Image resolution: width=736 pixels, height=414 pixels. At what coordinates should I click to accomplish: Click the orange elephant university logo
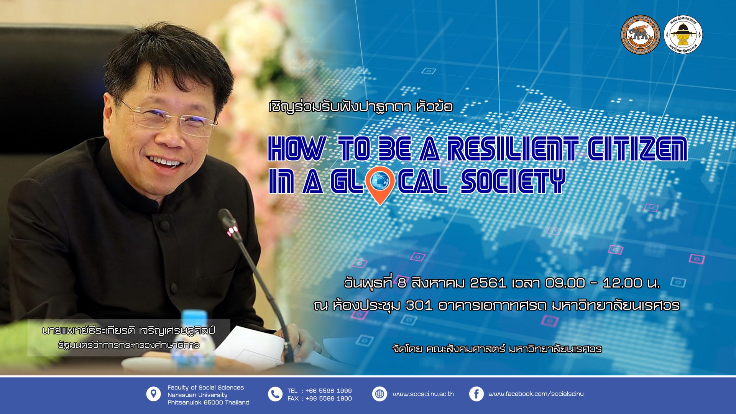[640, 34]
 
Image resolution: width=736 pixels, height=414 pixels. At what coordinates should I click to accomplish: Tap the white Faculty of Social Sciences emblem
[683, 34]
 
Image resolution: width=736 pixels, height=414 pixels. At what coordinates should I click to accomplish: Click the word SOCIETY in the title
[513, 181]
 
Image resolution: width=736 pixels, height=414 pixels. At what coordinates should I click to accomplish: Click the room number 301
[419, 306]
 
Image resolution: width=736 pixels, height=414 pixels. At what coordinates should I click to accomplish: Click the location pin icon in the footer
[153, 394]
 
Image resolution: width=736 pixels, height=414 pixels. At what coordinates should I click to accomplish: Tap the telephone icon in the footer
[275, 394]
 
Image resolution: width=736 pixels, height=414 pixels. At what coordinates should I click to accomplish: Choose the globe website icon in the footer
[379, 394]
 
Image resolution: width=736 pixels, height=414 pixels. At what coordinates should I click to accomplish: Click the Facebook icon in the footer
[476, 394]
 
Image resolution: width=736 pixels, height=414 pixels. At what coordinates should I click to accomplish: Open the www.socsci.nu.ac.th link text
[423, 394]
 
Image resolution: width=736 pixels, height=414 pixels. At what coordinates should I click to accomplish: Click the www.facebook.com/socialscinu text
[536, 394]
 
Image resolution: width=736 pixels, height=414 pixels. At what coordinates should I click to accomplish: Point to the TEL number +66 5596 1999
[329, 391]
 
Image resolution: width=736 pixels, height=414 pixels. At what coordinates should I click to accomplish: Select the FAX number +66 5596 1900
[329, 399]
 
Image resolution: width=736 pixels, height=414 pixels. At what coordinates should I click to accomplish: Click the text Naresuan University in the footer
[197, 395]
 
